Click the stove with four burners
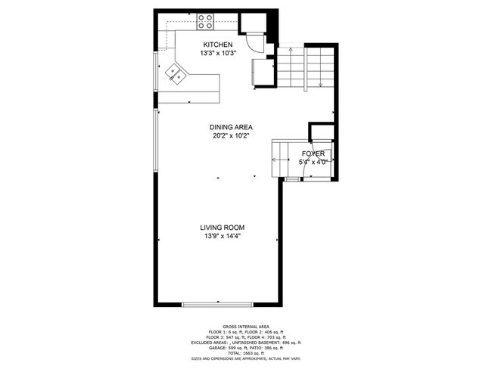(205, 20)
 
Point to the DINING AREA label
(231, 127)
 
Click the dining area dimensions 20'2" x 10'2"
(231, 136)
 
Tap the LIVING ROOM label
(222, 227)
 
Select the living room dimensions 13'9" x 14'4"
(222, 236)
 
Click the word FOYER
(313, 153)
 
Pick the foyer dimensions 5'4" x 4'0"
(313, 161)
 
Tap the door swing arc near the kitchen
(257, 44)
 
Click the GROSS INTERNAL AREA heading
(247, 326)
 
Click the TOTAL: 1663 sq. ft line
(247, 353)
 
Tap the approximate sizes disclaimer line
(247, 359)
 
